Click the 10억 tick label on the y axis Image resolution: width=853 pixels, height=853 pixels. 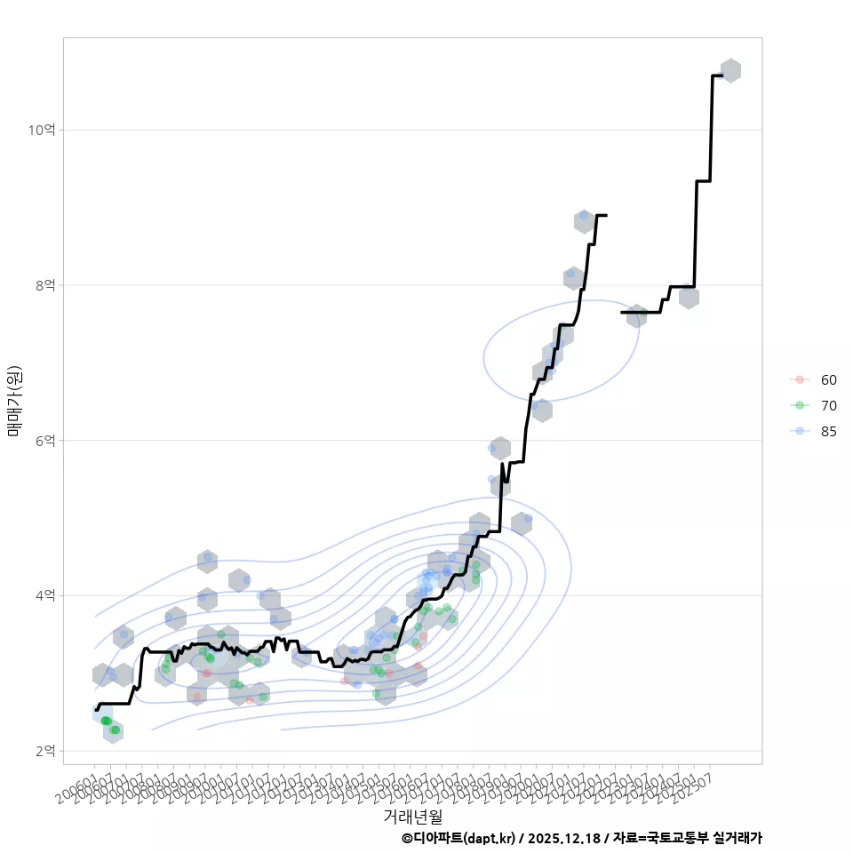[42, 130]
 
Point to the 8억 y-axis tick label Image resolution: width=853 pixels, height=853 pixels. [44, 285]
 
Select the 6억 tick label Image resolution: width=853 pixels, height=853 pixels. [44, 441]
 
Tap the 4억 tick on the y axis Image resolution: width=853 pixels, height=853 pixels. [44, 596]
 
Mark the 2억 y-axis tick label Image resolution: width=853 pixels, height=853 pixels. [44, 752]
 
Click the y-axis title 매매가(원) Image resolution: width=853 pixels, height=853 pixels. [14, 402]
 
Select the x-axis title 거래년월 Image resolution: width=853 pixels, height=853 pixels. [412, 816]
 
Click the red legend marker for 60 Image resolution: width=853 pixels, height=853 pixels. [800, 379]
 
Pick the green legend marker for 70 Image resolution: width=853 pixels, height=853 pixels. [800, 405]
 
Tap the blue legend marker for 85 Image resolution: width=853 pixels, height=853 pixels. [800, 431]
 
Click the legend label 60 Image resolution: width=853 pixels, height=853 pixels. [828, 379]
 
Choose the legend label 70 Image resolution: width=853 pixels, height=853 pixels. [828, 405]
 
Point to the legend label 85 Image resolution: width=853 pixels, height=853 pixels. [828, 431]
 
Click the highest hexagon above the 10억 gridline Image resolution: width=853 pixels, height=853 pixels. [730, 70]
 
